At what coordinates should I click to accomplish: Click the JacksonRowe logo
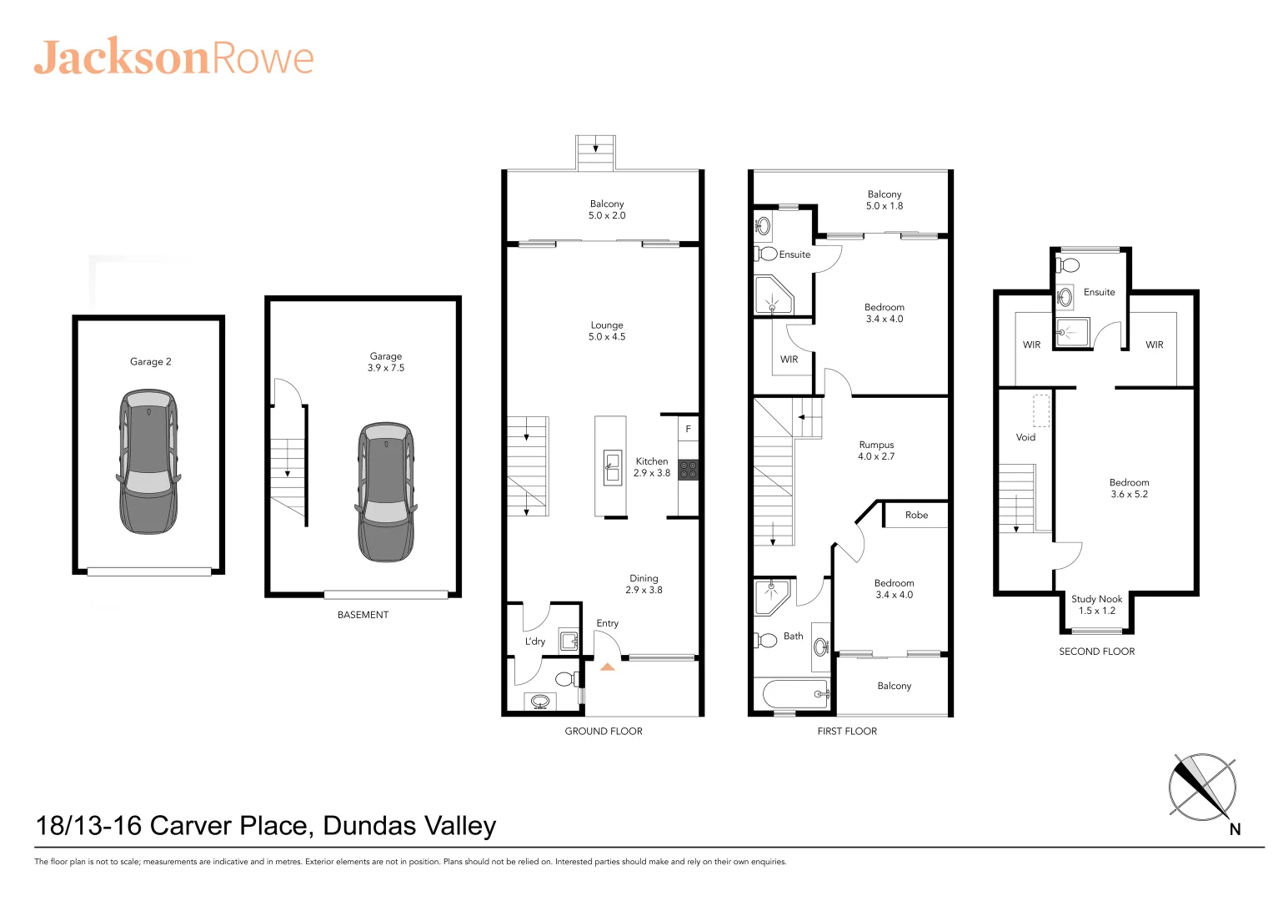[173, 58]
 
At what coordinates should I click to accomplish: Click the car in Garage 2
[148, 461]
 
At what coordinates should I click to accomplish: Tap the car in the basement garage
[386, 491]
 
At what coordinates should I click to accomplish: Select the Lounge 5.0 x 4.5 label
[607, 331]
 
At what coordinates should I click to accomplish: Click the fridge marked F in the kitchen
[688, 429]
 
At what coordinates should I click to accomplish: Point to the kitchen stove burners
[688, 470]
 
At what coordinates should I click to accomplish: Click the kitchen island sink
[613, 467]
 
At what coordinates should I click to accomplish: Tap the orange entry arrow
[607, 667]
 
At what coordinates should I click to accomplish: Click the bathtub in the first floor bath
[792, 693]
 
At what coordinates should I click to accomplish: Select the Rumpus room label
[876, 450]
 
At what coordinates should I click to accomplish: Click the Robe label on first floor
[916, 515]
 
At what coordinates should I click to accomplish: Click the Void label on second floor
[1025, 437]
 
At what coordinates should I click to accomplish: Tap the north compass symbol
[1202, 788]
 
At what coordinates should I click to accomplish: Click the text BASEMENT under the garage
[363, 615]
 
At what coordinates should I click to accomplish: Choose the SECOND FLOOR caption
[1096, 652]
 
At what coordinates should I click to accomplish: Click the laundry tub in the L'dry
[569, 641]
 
